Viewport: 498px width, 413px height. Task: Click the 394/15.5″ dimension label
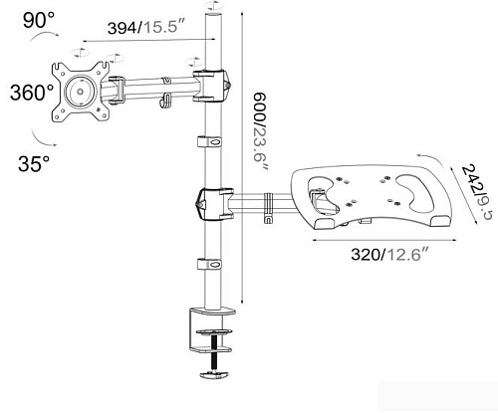pyautogui.click(x=146, y=27)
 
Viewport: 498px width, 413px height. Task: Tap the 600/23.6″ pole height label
pyautogui.click(x=260, y=131)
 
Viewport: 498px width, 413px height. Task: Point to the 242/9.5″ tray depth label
pyautogui.click(x=475, y=194)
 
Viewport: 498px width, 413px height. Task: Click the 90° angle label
pyautogui.click(x=39, y=21)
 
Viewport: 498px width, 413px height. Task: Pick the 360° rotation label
pyautogui.click(x=32, y=93)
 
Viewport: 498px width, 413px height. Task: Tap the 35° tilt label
pyautogui.click(x=34, y=163)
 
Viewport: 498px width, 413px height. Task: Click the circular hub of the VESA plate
pyautogui.click(x=80, y=91)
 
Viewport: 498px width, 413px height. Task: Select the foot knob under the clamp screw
pyautogui.click(x=214, y=374)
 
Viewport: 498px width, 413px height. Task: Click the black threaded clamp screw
pyautogui.click(x=214, y=353)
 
